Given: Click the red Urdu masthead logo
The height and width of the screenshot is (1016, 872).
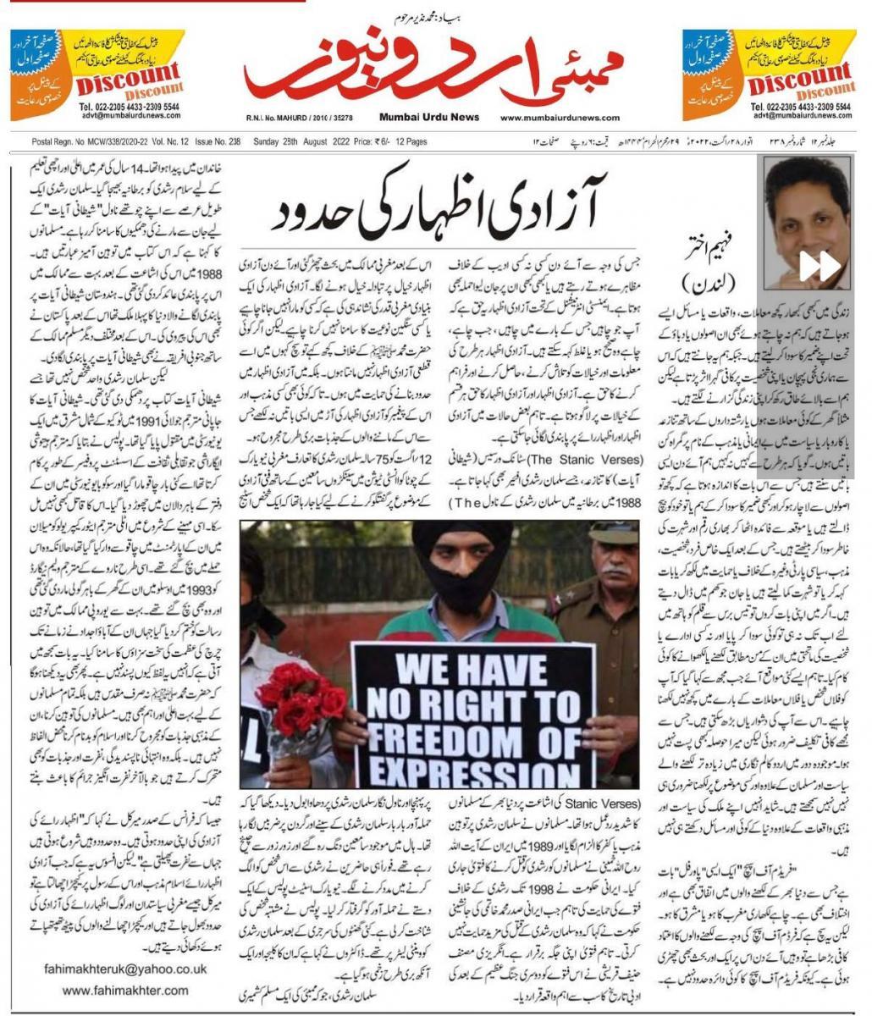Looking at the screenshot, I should pyautogui.click(x=433, y=75).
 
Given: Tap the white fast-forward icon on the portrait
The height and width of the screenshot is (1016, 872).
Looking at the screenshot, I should pyautogui.click(x=820, y=266).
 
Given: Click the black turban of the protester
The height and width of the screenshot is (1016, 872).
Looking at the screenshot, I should pyautogui.click(x=461, y=542).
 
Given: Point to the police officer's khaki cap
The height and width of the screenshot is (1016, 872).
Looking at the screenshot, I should pyautogui.click(x=614, y=533).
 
